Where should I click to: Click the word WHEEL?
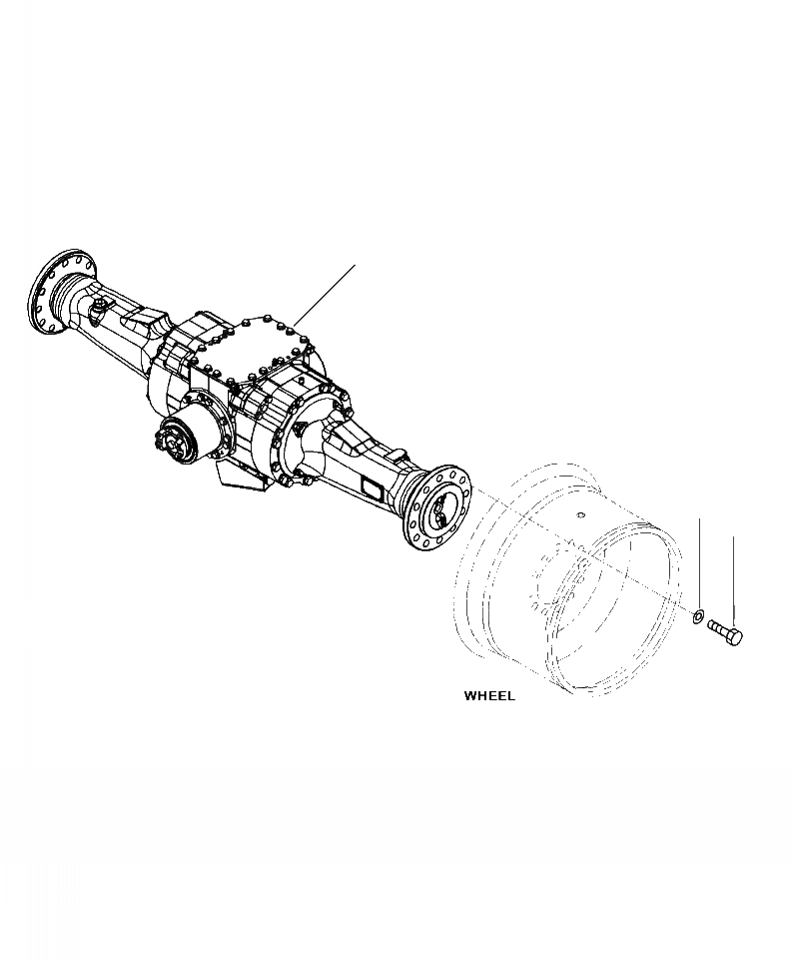(489, 696)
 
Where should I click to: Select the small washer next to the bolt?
(699, 613)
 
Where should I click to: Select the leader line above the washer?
(699, 559)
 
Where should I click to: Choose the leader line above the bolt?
(734, 579)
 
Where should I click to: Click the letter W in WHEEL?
(470, 696)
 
